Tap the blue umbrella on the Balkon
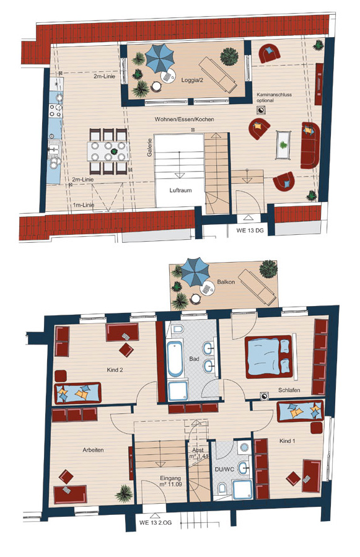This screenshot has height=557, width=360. click(195, 272)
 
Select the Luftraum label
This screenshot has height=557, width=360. click(180, 190)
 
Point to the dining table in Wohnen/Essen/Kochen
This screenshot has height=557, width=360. click(108, 151)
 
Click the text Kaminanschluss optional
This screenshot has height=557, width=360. click(274, 98)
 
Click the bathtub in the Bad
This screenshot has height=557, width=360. click(175, 359)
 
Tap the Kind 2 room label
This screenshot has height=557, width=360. click(115, 370)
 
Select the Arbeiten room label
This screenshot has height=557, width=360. click(93, 450)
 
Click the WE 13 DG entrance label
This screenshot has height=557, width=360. click(250, 230)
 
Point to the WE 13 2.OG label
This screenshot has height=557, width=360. click(156, 522)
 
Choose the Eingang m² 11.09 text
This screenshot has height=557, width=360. click(170, 481)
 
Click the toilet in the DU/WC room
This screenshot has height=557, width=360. click(222, 488)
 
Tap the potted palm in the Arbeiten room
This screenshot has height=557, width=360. click(124, 493)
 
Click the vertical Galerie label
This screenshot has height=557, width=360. click(150, 147)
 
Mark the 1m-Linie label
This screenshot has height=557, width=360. click(84, 205)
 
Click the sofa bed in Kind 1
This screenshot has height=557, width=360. click(301, 411)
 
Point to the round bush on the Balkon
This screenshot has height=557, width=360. click(268, 269)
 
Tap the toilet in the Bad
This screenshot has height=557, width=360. click(177, 329)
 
